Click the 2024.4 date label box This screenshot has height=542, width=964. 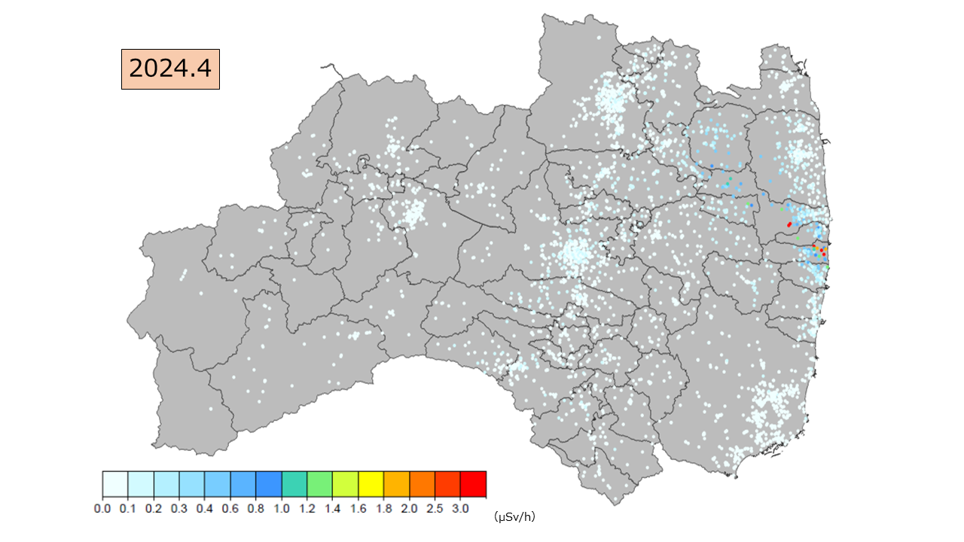pyautogui.click(x=170, y=69)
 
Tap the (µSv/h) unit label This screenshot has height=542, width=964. pyautogui.click(x=514, y=516)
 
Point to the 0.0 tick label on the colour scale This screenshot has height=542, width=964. pyautogui.click(x=102, y=509)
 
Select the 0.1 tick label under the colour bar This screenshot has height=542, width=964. pyautogui.click(x=128, y=509)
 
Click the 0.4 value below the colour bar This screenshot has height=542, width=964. pyautogui.click(x=205, y=509)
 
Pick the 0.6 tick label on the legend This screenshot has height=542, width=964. pyautogui.click(x=230, y=509)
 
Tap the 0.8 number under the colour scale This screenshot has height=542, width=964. pyautogui.click(x=256, y=509)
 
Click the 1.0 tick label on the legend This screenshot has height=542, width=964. pyautogui.click(x=282, y=509)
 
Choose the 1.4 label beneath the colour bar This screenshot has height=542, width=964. pyautogui.click(x=333, y=509)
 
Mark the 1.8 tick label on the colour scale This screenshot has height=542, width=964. pyautogui.click(x=384, y=509)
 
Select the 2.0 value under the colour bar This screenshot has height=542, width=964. pyautogui.click(x=410, y=509)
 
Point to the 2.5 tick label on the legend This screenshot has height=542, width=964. pyautogui.click(x=435, y=509)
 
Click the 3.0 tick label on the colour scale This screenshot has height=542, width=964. pyautogui.click(x=461, y=509)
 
